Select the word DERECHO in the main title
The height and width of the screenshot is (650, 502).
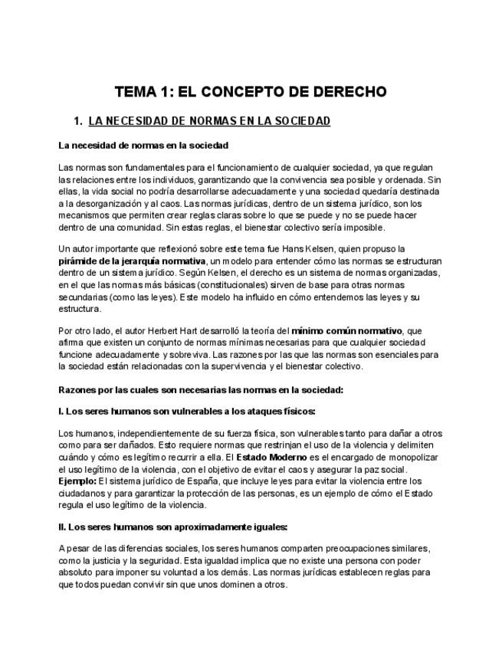348,93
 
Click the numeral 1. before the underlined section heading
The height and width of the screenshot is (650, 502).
77,121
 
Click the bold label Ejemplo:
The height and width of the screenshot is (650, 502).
77,481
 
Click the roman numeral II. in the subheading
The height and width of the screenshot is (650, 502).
62,527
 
